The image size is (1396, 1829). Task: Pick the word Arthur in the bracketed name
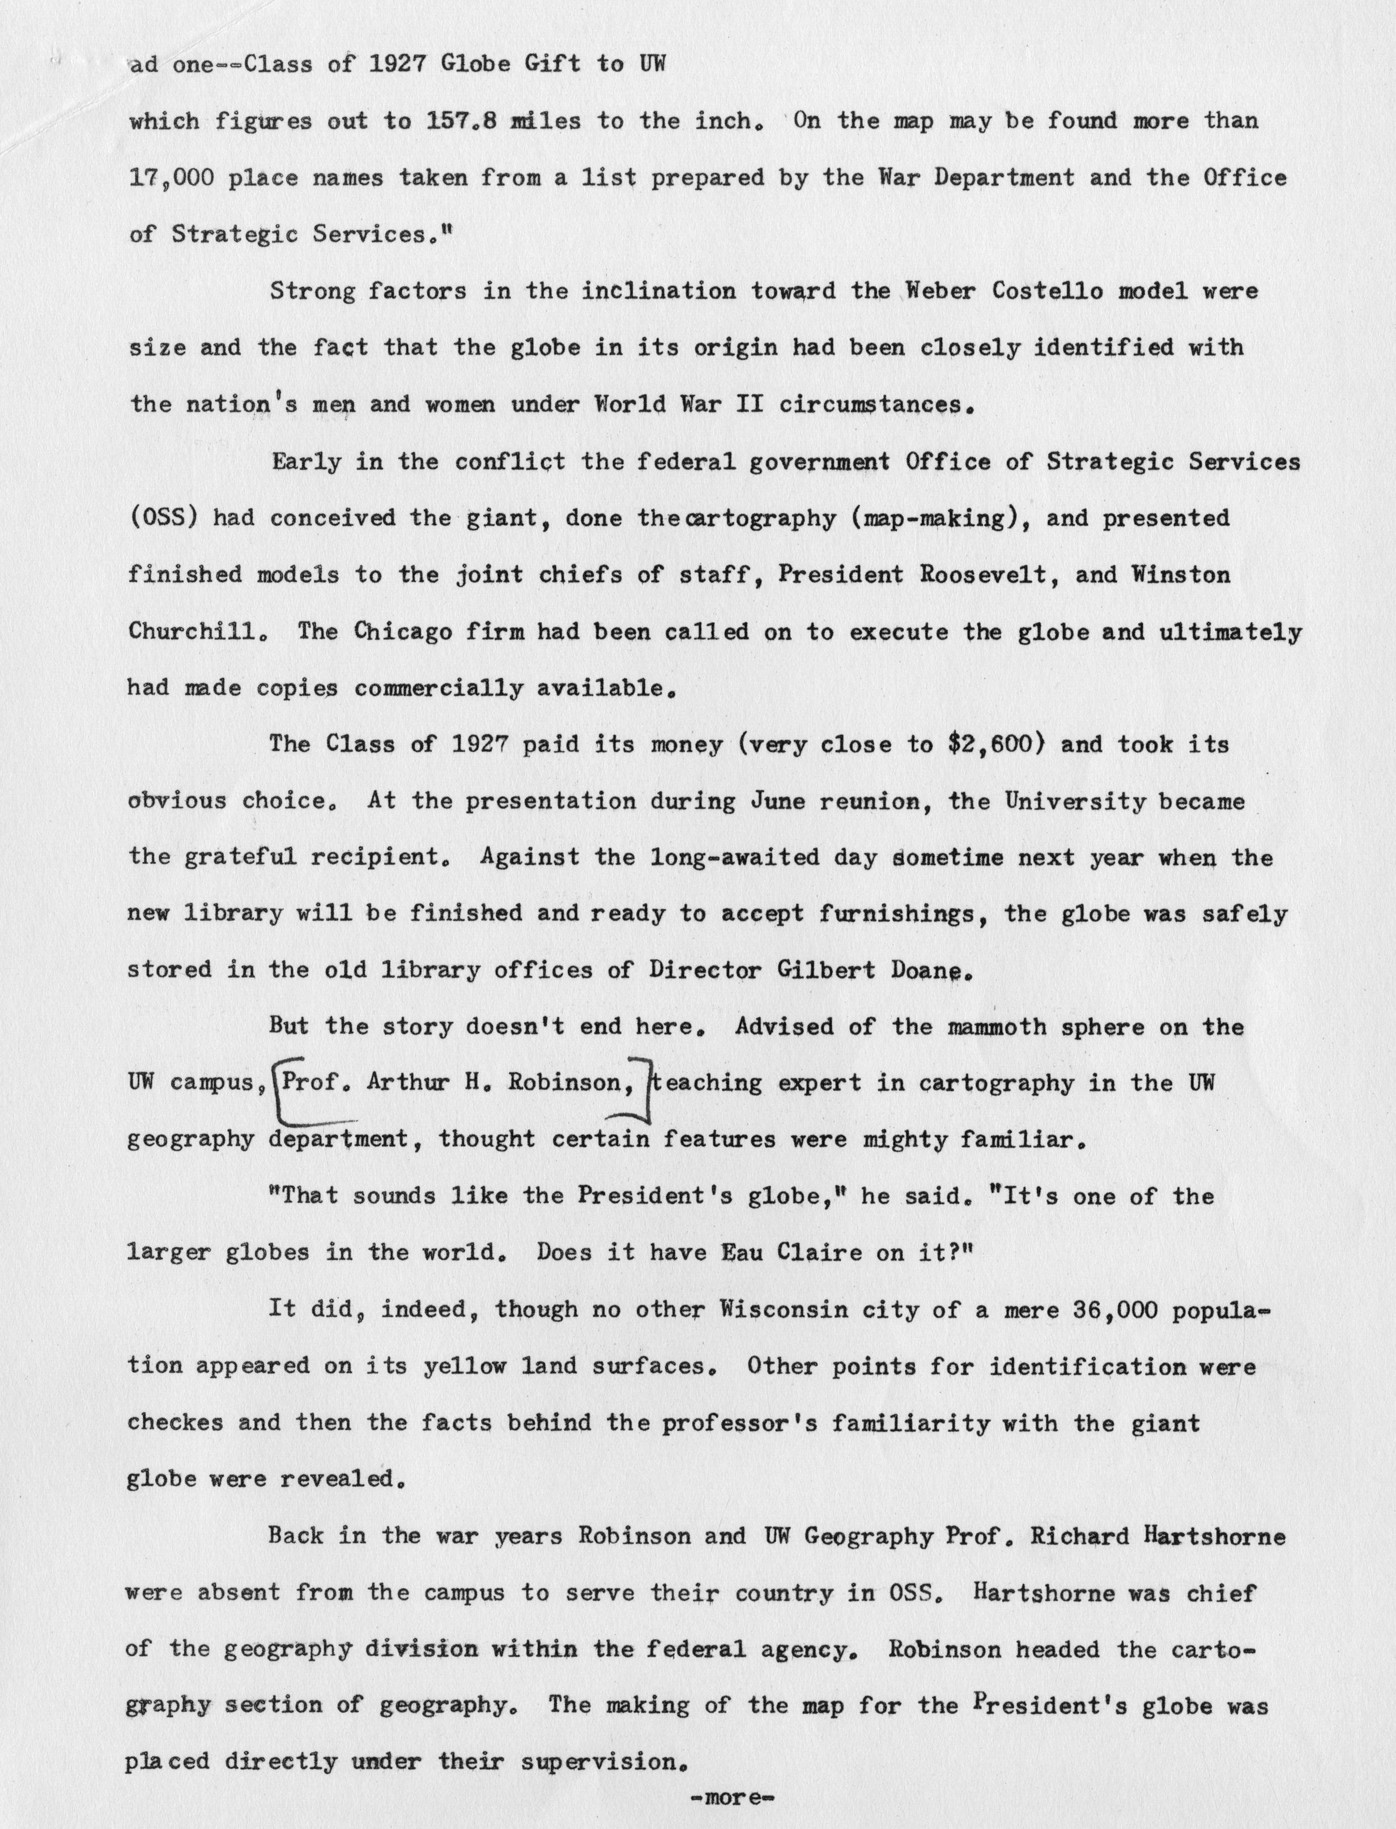[x=403, y=1083]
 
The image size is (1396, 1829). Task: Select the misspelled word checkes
[x=175, y=1422]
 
